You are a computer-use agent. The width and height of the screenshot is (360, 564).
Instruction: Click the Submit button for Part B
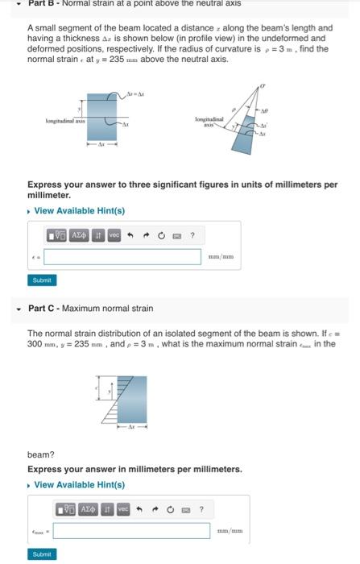coord(40,280)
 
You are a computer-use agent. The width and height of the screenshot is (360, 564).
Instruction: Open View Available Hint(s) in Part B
coord(79,211)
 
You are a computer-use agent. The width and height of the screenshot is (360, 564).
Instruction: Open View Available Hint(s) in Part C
coord(79,484)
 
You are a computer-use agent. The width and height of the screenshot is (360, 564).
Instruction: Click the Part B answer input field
coord(122,256)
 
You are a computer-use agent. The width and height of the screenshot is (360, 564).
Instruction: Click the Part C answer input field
coord(132,530)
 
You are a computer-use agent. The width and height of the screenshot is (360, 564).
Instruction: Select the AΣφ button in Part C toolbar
coord(89,509)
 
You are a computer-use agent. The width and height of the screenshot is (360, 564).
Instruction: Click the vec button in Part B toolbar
coord(114,235)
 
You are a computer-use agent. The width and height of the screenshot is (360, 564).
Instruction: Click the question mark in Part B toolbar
coord(192,235)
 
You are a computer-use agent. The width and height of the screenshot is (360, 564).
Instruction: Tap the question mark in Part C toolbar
coord(201,509)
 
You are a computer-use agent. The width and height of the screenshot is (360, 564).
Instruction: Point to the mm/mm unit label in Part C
coord(230,530)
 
